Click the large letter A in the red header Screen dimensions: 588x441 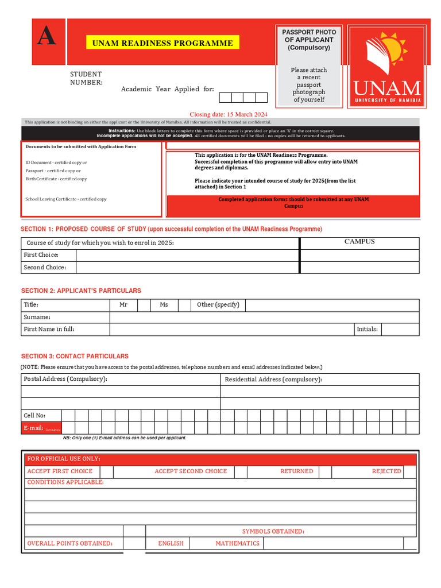47,37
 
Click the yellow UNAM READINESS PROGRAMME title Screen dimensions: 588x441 163,43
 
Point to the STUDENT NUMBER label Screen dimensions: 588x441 86,78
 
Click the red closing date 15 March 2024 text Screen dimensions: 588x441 229,114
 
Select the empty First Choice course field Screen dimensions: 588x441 188,255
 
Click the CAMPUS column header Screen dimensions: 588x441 359,242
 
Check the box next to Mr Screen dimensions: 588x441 144,305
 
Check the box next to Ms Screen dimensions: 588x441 184,305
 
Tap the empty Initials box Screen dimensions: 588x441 400,330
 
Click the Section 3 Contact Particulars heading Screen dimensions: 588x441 75,356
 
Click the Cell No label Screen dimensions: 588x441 34,415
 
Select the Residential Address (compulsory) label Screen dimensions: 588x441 273,380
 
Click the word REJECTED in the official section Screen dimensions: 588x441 386,471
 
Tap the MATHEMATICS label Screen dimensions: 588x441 237,543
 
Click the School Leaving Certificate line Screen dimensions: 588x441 66,199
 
